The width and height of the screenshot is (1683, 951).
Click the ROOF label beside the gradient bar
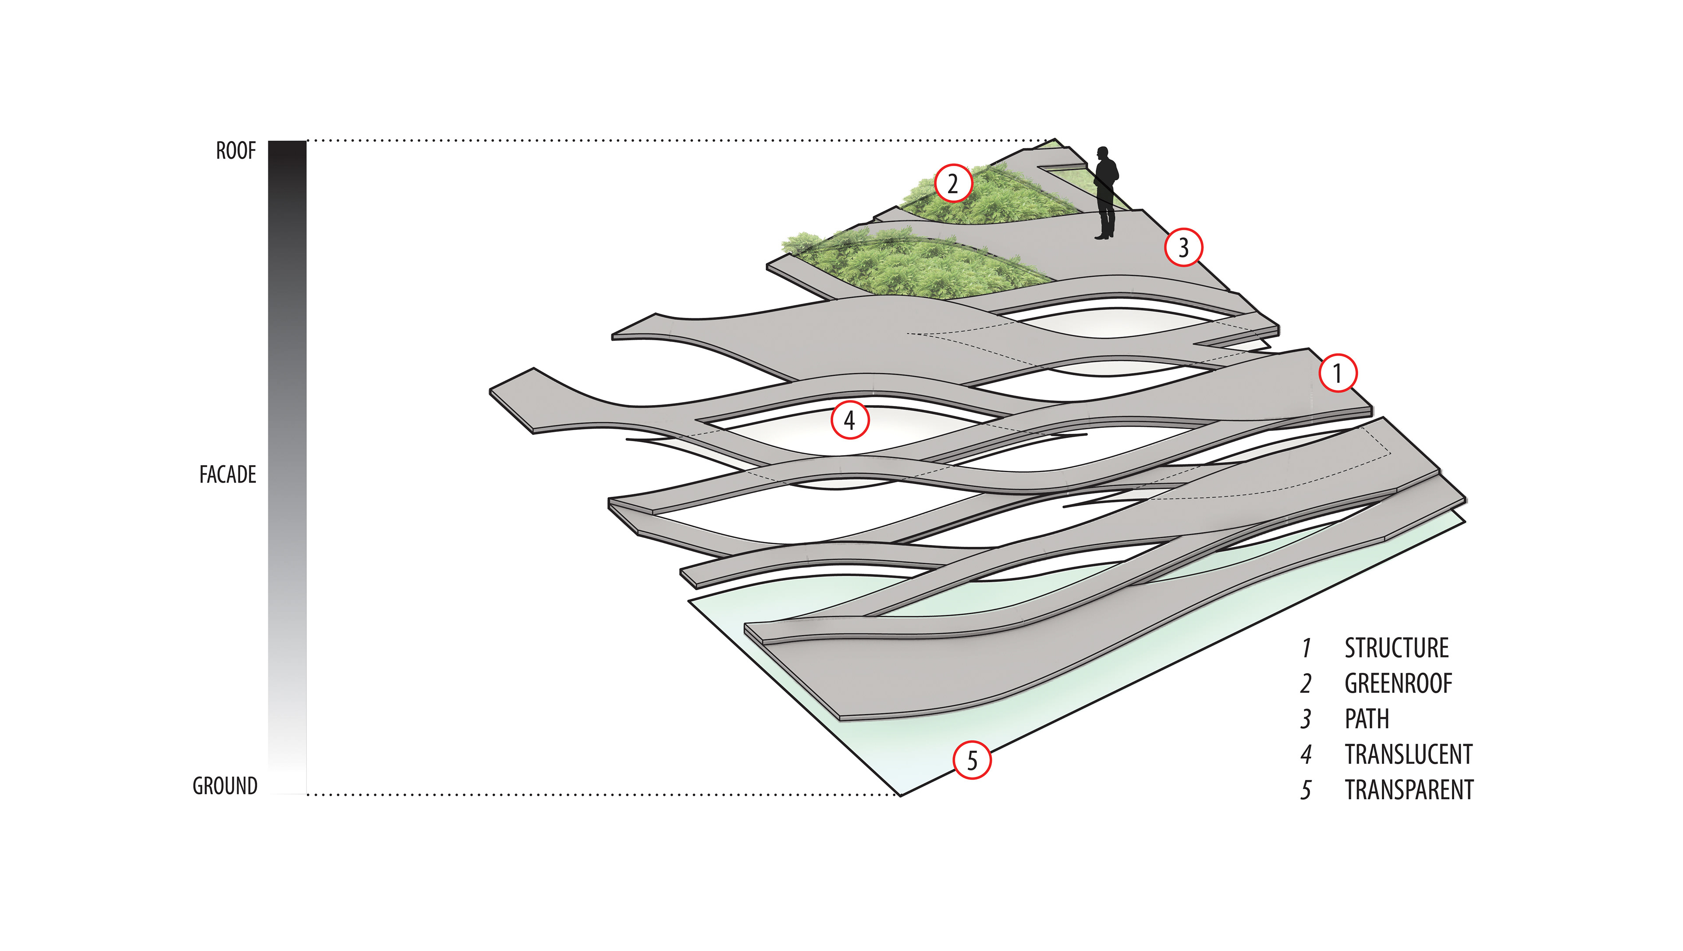[x=236, y=151]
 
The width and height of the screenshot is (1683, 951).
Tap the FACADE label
[x=227, y=474]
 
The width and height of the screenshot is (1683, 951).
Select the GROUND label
[x=225, y=786]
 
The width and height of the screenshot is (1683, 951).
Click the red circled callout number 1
[x=1337, y=373]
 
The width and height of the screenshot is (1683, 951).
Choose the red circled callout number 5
[x=972, y=760]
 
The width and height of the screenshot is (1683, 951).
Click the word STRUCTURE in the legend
[x=1396, y=648]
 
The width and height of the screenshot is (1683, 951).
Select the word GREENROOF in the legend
[x=1398, y=684]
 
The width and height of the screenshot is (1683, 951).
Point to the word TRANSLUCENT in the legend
[x=1408, y=754]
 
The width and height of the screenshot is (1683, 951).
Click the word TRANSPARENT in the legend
[x=1409, y=790]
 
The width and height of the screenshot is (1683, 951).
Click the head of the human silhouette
[x=1104, y=153]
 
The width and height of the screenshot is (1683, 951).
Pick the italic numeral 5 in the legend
[x=1305, y=790]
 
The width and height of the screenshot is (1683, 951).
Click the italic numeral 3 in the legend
[x=1305, y=719]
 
